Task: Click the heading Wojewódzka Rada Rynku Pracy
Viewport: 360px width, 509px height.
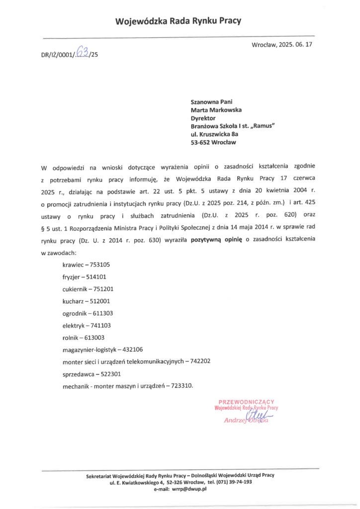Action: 178,21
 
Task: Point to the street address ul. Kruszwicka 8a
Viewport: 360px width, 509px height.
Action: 215,134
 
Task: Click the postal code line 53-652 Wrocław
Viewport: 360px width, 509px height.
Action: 214,142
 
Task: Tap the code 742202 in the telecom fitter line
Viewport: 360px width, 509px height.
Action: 200,361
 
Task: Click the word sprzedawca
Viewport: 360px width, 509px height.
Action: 78,374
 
